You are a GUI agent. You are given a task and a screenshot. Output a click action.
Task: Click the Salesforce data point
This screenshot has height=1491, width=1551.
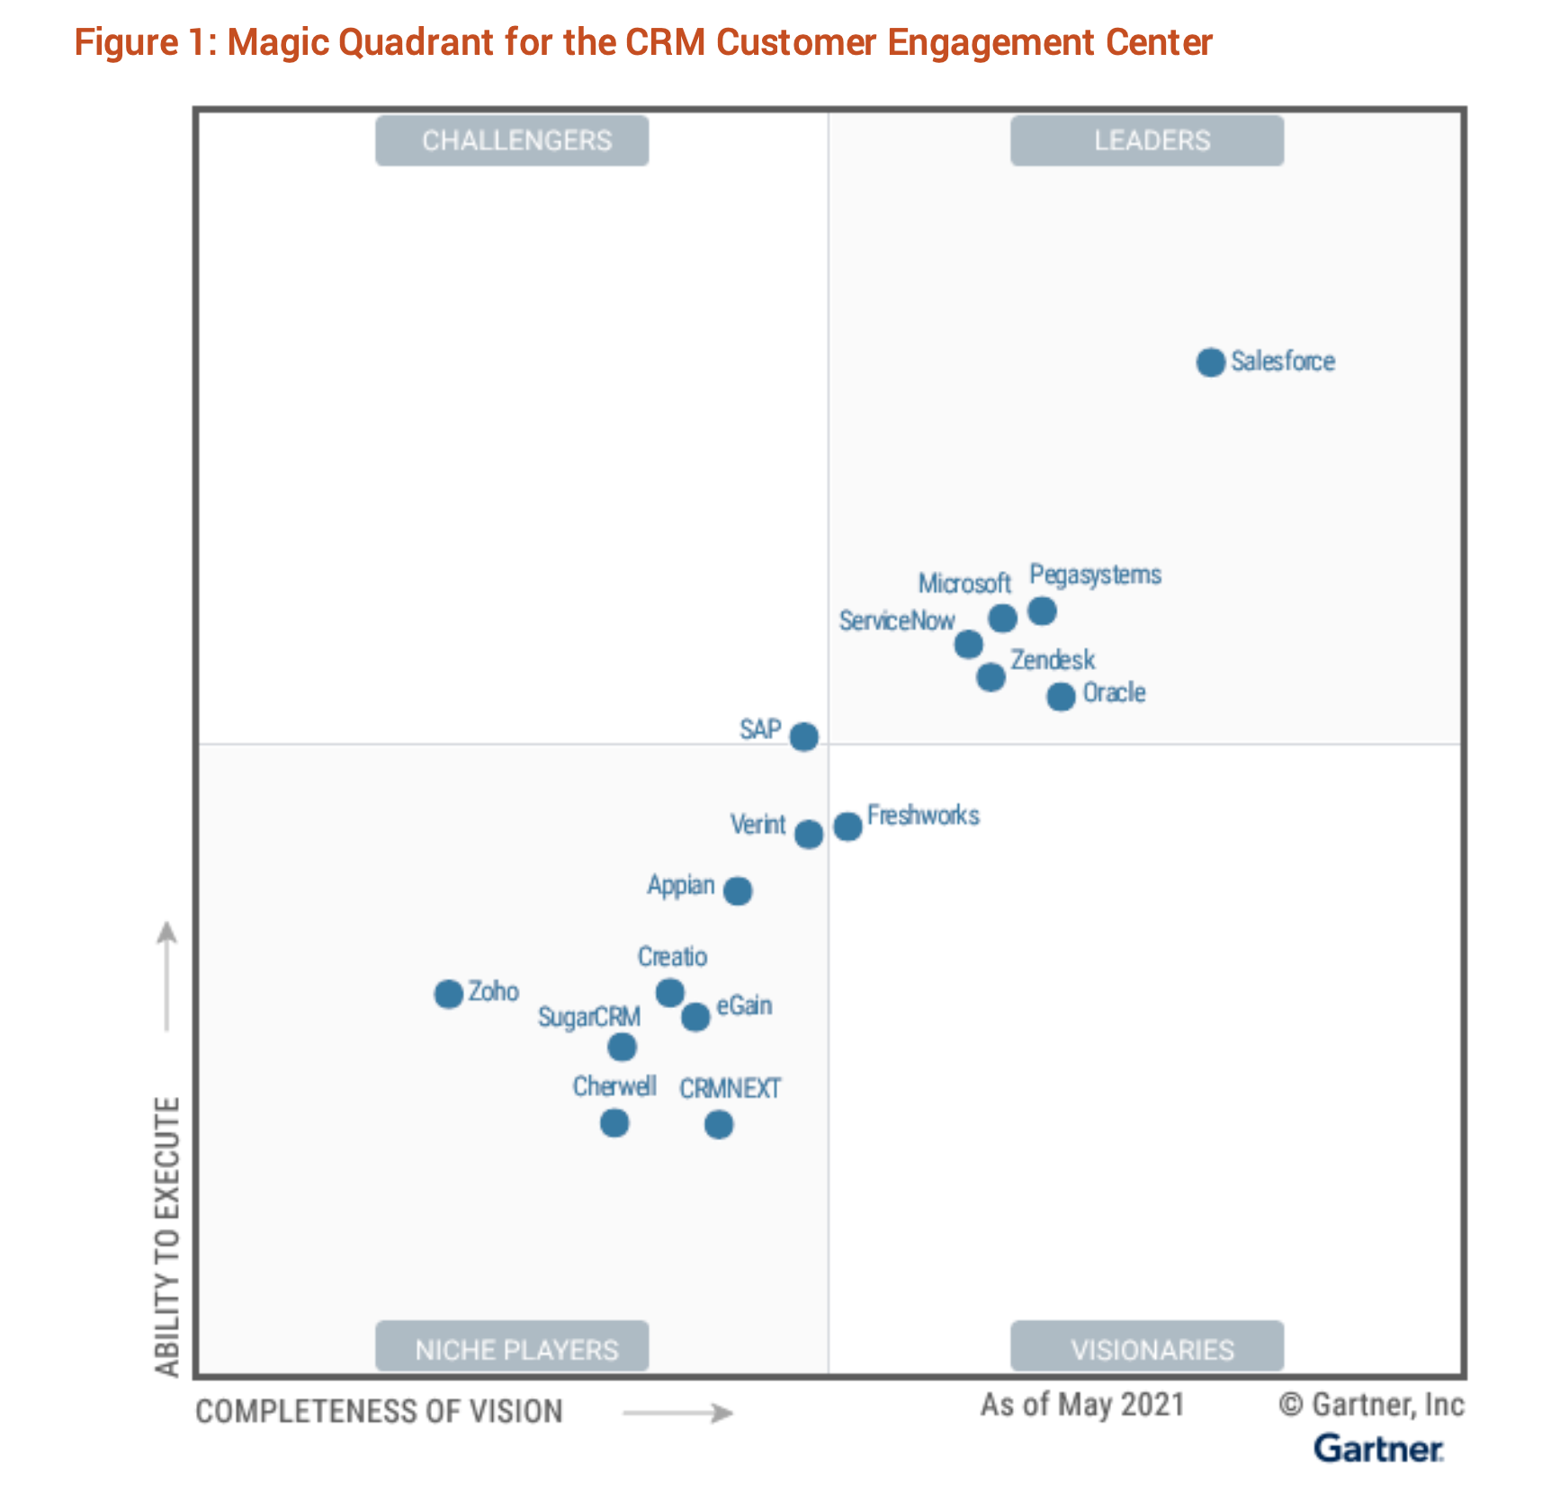point(1210,362)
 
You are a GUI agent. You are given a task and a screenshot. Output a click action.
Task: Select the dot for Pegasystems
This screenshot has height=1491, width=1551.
point(1042,612)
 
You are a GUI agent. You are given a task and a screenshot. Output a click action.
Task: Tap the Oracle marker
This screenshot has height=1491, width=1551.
point(1061,696)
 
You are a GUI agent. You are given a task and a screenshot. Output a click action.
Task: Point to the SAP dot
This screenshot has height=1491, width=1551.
point(803,737)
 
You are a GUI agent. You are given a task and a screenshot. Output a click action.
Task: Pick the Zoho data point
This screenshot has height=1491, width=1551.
point(448,994)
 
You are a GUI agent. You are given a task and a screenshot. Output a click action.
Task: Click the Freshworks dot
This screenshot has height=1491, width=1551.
point(847,826)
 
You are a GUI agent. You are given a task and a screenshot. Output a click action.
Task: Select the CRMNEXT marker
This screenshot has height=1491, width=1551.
point(718,1124)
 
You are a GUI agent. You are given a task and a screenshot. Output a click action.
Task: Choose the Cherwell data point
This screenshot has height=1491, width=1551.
point(614,1123)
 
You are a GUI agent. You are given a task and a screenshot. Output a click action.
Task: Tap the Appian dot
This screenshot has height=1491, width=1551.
point(738,891)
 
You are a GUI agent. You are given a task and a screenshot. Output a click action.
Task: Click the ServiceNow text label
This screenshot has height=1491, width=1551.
point(896,621)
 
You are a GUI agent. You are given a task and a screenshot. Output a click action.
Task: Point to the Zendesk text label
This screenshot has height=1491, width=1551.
point(1053,660)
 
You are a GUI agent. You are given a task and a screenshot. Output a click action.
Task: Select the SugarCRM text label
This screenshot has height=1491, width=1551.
point(589,1017)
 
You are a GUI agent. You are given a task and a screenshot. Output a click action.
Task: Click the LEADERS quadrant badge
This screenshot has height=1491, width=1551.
point(1147,140)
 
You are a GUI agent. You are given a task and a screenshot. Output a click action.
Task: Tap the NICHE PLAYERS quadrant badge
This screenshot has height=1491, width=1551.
point(512,1346)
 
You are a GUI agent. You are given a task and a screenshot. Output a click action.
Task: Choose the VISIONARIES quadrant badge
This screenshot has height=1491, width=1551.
point(1147,1346)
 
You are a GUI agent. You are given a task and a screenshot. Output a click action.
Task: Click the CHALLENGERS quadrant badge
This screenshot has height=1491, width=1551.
point(512,140)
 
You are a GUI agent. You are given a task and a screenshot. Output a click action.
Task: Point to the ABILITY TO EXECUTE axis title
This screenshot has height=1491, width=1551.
point(167,1237)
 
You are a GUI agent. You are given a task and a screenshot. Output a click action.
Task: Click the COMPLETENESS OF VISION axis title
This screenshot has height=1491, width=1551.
point(379,1411)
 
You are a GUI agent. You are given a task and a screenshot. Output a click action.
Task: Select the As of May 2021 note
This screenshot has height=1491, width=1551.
point(1082,1404)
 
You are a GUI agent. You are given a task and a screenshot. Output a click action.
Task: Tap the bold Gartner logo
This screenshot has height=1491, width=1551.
point(1377,1449)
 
